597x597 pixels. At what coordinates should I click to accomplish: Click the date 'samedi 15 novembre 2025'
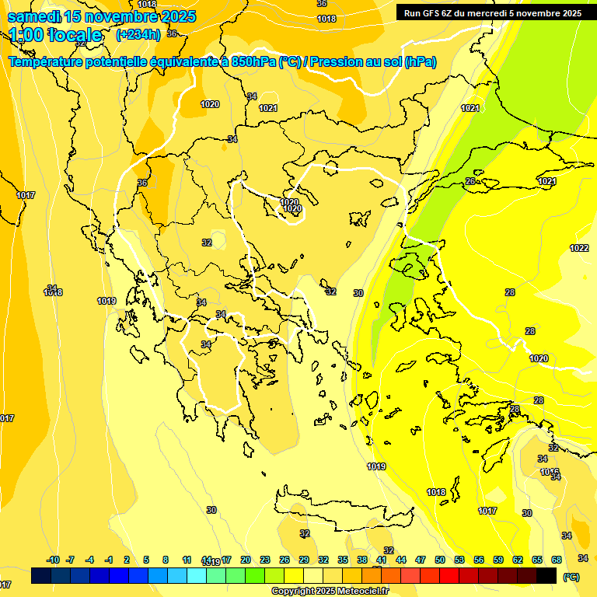(102, 16)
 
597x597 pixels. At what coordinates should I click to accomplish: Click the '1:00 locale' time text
(56, 35)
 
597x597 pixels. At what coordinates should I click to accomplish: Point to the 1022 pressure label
(579, 248)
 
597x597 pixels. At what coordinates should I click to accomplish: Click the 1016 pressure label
(550, 472)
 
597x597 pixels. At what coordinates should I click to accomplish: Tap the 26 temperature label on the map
(470, 181)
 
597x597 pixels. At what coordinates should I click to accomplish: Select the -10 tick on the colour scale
(53, 560)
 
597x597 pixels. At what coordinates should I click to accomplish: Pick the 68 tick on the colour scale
(557, 560)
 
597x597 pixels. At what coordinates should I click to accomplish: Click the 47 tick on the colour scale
(421, 560)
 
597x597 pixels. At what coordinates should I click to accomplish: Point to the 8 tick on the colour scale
(166, 560)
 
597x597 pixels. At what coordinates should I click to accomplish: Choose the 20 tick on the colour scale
(246, 560)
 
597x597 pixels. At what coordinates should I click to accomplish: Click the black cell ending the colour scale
(546, 576)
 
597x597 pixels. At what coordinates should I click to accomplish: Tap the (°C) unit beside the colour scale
(571, 576)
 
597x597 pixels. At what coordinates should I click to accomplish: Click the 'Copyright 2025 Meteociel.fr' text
(330, 591)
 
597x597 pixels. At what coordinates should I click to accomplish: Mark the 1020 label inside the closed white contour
(292, 208)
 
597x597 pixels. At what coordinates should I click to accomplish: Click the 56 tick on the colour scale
(479, 560)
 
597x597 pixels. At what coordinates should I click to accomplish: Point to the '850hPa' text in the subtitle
(253, 62)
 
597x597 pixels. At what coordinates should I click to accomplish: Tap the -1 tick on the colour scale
(109, 560)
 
